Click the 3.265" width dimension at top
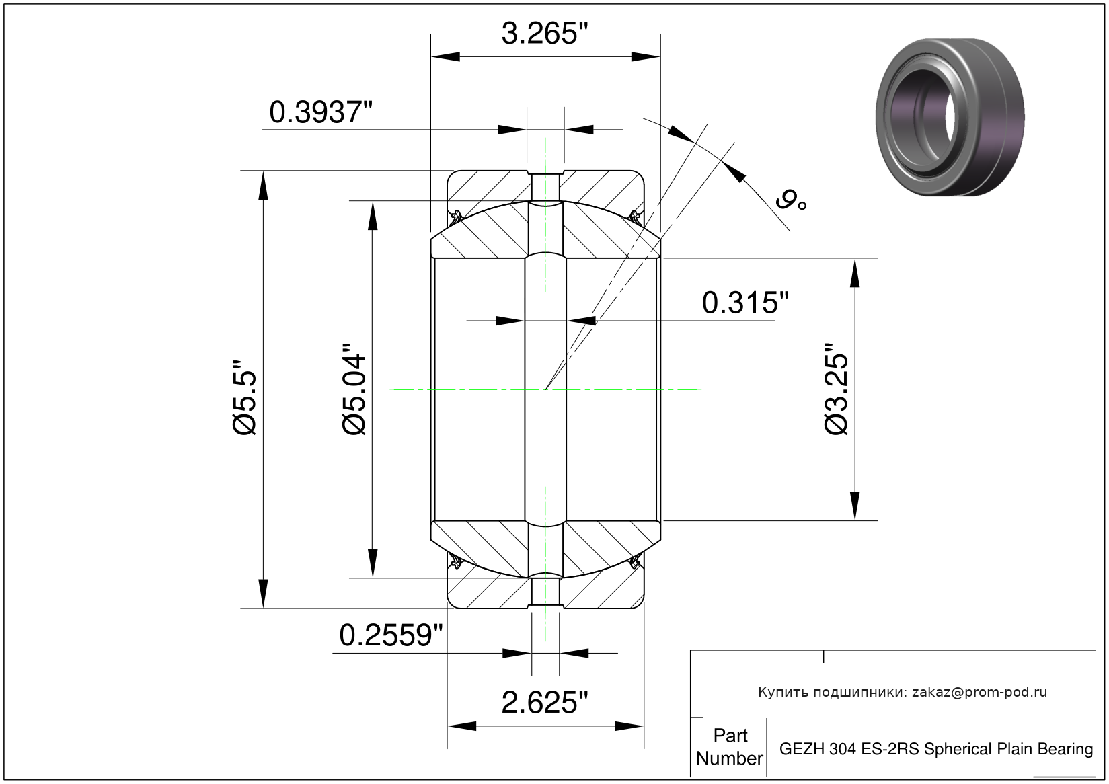[545, 34]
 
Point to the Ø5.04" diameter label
[354, 389]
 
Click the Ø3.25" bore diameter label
[837, 389]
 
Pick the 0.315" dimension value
[745, 303]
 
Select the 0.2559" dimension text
[391, 635]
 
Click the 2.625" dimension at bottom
[545, 702]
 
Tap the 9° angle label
[791, 200]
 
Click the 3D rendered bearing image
[950, 117]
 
